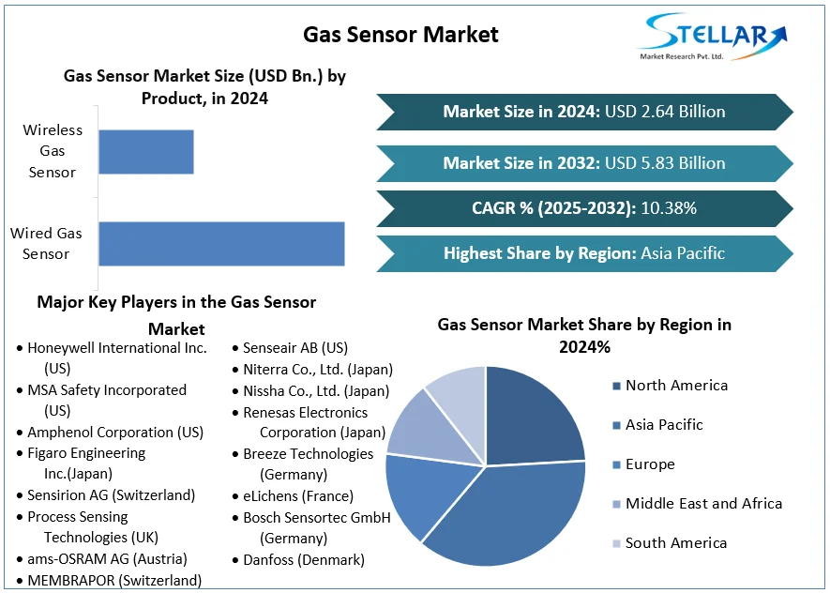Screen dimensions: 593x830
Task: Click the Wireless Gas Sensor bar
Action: click(x=145, y=151)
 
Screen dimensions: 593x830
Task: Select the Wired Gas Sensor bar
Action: click(x=221, y=243)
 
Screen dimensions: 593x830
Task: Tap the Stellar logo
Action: click(x=713, y=38)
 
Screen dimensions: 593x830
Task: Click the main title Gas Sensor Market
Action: click(x=400, y=35)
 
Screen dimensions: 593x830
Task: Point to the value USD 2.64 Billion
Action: click(x=665, y=112)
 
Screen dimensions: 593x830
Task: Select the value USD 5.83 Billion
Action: click(x=665, y=163)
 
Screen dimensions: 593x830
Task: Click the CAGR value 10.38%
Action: click(x=668, y=208)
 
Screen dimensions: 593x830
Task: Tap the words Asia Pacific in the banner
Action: click(x=682, y=253)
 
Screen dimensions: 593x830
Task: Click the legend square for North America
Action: click(x=616, y=386)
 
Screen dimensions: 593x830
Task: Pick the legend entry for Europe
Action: click(x=650, y=464)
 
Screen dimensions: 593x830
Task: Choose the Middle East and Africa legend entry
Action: click(x=703, y=504)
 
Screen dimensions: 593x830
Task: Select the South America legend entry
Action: click(x=675, y=543)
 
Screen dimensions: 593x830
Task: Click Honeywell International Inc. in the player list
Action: click(x=117, y=348)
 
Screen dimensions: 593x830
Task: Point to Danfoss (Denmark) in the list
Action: click(x=304, y=560)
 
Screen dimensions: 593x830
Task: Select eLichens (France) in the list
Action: click(x=298, y=495)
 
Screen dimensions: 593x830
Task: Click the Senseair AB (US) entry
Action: click(x=295, y=348)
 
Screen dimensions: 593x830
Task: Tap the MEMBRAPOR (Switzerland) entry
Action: click(x=114, y=581)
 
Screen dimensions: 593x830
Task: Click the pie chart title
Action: click(x=583, y=335)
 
